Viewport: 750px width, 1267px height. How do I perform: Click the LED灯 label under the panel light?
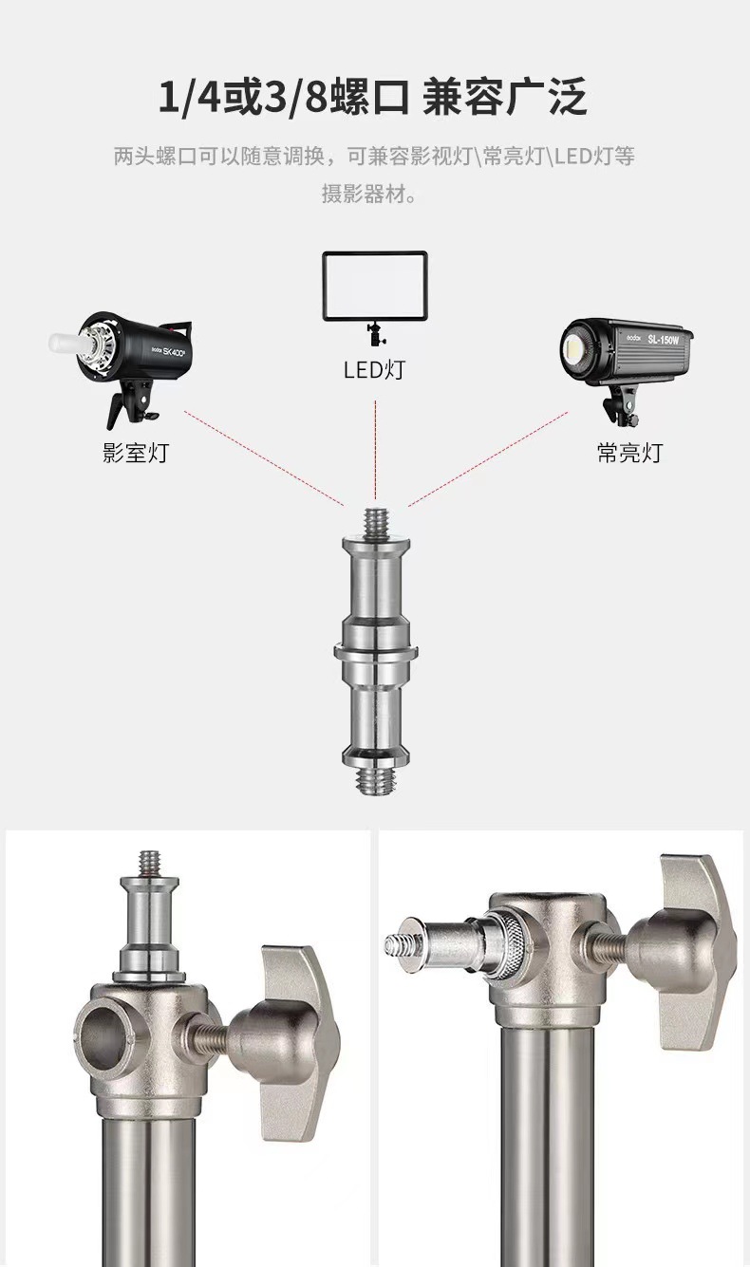374,370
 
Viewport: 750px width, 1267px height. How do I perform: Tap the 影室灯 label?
136,453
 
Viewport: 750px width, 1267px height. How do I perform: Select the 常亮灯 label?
629,453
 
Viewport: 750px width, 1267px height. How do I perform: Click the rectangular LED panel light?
374,287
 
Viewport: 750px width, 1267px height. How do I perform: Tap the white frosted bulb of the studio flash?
66,344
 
